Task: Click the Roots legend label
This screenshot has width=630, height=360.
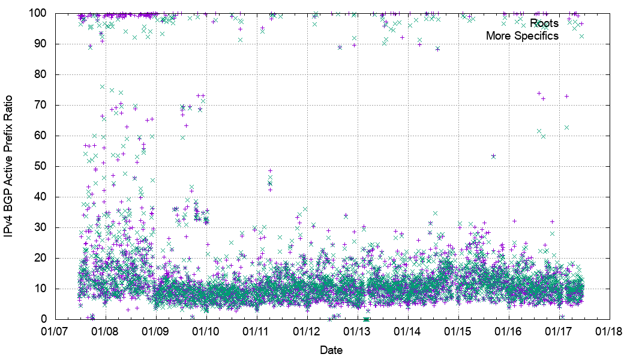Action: pyautogui.click(x=545, y=23)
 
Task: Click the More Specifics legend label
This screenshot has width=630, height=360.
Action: pyautogui.click(x=522, y=36)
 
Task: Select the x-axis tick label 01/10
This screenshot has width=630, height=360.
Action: pyautogui.click(x=207, y=331)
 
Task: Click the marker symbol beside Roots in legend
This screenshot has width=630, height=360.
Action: pyautogui.click(x=581, y=23)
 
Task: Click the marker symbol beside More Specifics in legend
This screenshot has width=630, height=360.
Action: pyautogui.click(x=581, y=36)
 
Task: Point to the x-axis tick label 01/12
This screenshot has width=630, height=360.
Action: pyautogui.click(x=308, y=331)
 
